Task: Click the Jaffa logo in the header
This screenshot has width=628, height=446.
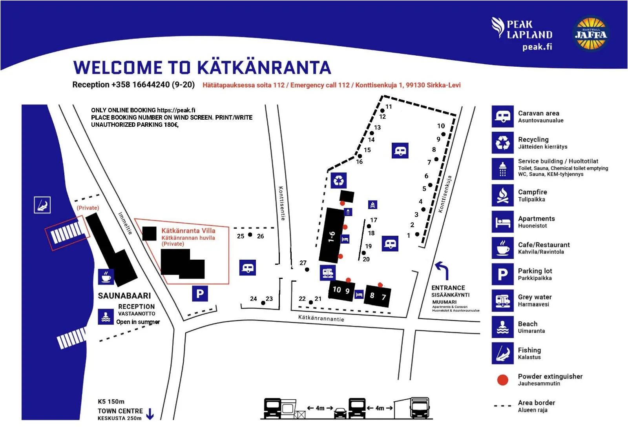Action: coord(591,34)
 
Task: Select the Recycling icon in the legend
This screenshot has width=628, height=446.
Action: coord(502,143)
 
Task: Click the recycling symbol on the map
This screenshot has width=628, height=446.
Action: coord(338,180)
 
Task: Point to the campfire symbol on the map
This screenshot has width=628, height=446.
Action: coord(372,205)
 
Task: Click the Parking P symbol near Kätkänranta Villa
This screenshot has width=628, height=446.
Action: coord(200,293)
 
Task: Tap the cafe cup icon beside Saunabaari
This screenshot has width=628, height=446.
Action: coord(106,277)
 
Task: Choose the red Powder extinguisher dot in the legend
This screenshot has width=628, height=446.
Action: coord(502,380)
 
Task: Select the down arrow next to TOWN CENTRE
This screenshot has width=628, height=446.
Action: coord(150,414)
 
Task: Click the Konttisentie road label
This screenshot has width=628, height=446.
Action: coord(282,204)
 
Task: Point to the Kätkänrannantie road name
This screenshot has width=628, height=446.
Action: coord(321,318)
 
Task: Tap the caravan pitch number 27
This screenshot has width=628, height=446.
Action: coord(303,263)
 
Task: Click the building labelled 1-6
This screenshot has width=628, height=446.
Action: coord(332,236)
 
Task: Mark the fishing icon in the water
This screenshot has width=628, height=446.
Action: coord(42,205)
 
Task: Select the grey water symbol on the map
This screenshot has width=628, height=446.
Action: coord(328,273)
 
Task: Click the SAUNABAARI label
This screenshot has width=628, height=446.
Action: coord(124,296)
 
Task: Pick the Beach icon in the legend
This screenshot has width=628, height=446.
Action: coord(502,327)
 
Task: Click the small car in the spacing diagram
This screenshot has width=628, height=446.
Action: coord(340,413)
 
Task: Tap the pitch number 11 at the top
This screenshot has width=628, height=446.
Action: coord(389,107)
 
